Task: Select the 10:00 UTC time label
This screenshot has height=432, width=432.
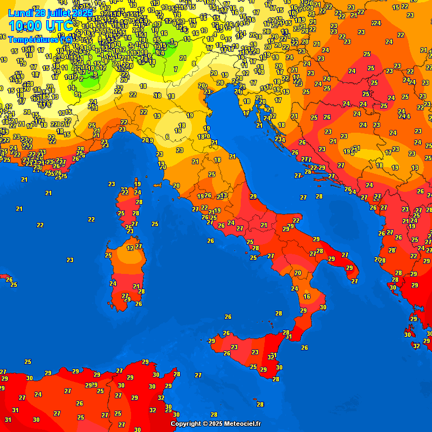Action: point(40,25)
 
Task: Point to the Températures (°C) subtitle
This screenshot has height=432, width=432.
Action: point(39,39)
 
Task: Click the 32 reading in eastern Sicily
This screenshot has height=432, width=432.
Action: point(271,357)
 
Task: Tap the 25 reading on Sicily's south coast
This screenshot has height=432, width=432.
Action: point(253,367)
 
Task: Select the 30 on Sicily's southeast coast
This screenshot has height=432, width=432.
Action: point(279,367)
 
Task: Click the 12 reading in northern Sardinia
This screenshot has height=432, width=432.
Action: point(130,248)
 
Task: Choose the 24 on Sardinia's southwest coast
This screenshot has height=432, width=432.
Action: point(113,283)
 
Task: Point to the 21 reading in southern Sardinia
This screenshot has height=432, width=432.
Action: point(136,286)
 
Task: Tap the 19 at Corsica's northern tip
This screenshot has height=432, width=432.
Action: point(137,184)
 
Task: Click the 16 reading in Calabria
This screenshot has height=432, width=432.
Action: point(307,296)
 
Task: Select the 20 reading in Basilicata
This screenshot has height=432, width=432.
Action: point(298,273)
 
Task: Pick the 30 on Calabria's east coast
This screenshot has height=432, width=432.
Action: point(323,307)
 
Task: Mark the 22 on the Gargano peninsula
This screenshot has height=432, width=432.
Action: point(296,220)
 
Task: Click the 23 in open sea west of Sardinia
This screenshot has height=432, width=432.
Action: point(70,260)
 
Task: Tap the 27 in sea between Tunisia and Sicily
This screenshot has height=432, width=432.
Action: point(198,375)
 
